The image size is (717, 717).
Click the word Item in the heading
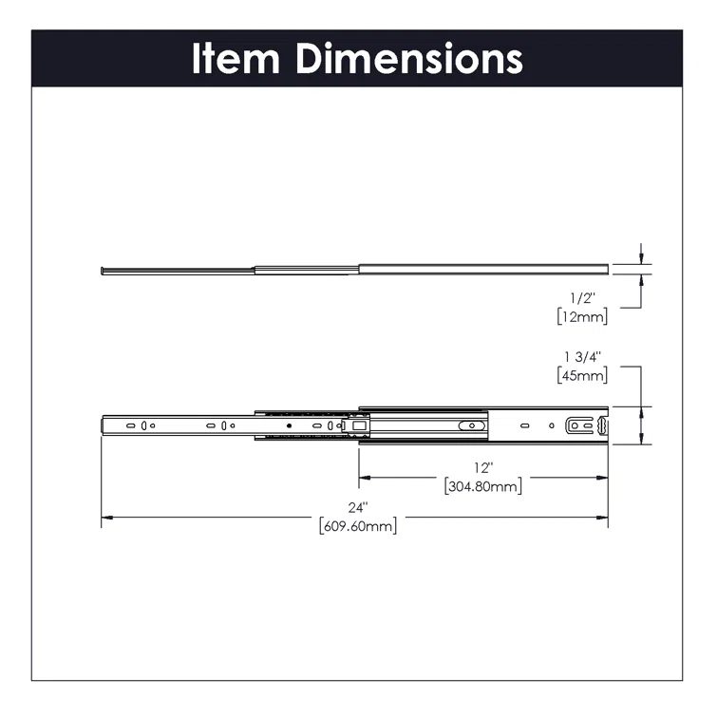[x=237, y=58]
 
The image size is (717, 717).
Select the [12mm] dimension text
[x=582, y=317]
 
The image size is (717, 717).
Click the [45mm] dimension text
[x=582, y=375]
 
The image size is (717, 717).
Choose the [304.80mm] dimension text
[x=483, y=487]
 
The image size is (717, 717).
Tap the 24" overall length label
[x=356, y=506]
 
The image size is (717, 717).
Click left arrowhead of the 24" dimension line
[x=106, y=517]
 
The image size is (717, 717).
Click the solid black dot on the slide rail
[x=288, y=426]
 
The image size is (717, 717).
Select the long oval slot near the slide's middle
[x=469, y=426]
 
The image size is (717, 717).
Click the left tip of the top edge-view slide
[x=102, y=270]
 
